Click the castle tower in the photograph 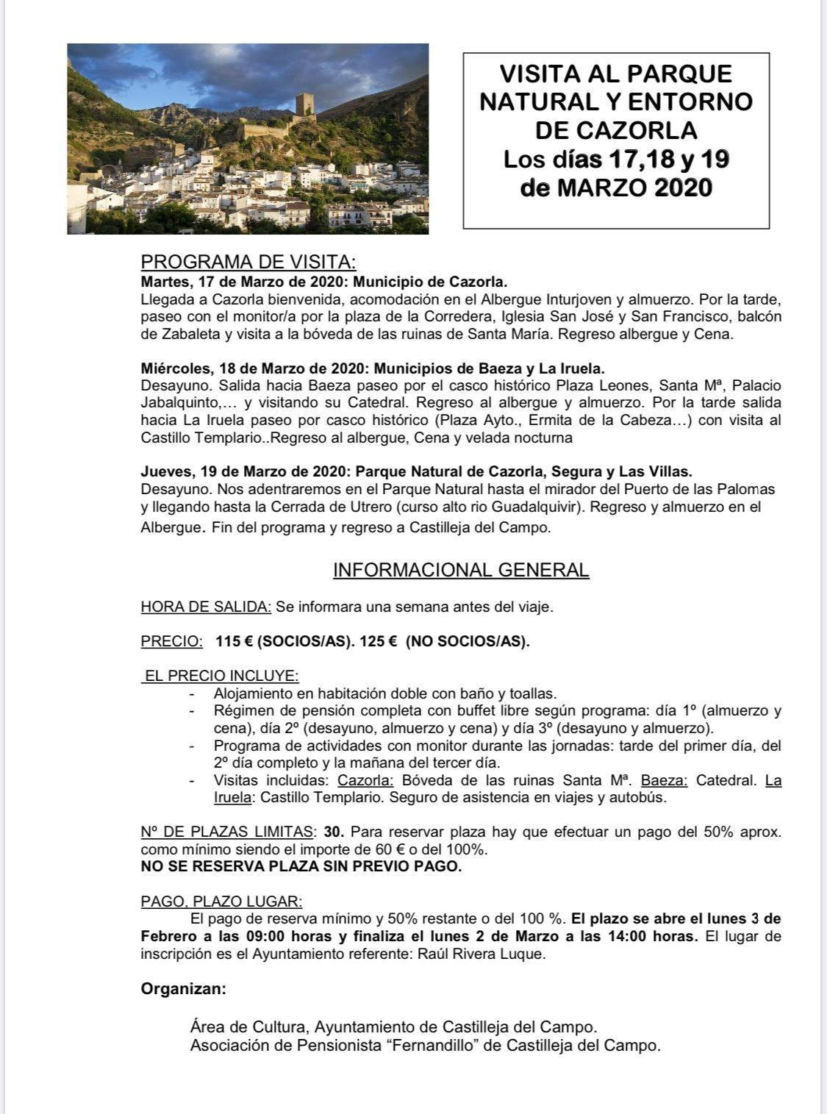[305, 107]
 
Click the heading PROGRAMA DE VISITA [248, 263]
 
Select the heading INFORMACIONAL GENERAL [461, 570]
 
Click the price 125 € [379, 641]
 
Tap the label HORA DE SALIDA [206, 607]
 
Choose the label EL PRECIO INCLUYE [221, 676]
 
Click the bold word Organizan [183, 989]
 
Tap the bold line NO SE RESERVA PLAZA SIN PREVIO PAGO [301, 866]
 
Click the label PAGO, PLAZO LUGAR [221, 901]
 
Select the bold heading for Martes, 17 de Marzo [323, 282]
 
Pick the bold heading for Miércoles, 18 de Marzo [372, 368]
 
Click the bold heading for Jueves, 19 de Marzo [416, 471]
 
